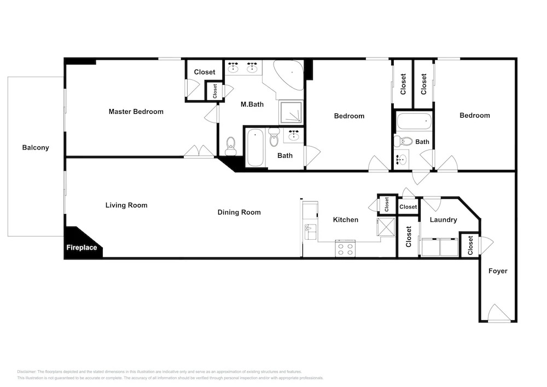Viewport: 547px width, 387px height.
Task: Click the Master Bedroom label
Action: (136, 112)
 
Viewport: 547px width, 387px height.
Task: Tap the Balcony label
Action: (36, 148)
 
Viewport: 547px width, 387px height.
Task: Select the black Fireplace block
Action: (83, 243)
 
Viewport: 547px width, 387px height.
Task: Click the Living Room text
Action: (126, 205)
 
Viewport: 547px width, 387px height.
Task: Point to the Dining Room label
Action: (239, 212)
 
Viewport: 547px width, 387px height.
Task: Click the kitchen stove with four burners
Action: (345, 249)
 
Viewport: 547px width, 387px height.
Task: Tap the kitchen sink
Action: (311, 232)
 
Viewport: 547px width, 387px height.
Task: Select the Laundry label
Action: (443, 220)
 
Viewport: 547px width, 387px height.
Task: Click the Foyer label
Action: (498, 271)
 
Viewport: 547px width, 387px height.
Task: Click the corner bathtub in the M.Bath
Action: (288, 75)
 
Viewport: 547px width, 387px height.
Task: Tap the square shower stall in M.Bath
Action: (290, 112)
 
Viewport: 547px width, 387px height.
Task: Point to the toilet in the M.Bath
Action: (231, 146)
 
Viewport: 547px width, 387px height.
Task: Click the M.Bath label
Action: (252, 105)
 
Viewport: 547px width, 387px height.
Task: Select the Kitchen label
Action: (346, 220)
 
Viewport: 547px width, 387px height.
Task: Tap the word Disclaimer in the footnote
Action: (26, 372)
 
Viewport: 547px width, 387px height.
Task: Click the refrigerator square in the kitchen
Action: (386, 227)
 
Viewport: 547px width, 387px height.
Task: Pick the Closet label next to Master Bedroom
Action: (205, 72)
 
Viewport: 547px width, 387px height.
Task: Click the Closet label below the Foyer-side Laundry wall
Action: (470, 245)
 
